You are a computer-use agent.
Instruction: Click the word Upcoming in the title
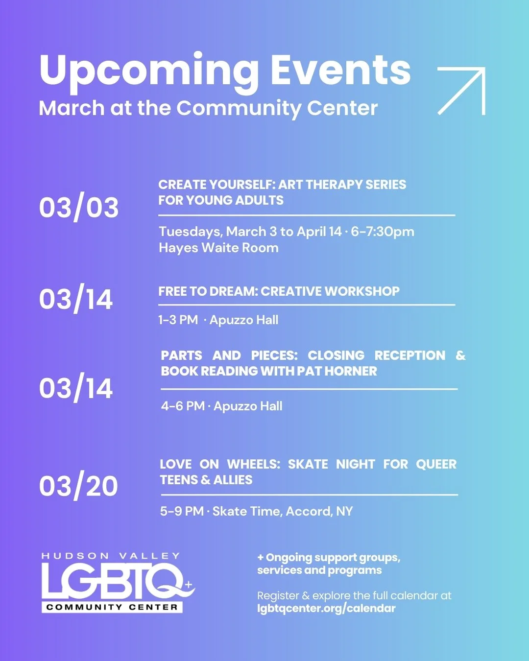(x=149, y=71)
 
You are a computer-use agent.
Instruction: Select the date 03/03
(x=79, y=207)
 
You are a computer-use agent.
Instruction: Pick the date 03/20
(x=78, y=486)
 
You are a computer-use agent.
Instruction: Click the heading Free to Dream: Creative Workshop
(x=279, y=291)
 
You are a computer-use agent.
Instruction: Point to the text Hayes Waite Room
(x=218, y=248)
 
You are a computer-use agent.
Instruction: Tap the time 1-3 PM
(x=178, y=320)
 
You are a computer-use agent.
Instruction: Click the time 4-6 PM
(x=183, y=406)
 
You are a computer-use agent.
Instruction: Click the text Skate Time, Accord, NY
(x=282, y=511)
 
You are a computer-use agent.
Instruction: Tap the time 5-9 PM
(x=182, y=511)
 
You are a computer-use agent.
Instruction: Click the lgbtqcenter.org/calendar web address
(x=326, y=609)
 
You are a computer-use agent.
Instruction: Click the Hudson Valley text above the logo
(x=111, y=556)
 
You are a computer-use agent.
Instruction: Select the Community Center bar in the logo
(x=112, y=607)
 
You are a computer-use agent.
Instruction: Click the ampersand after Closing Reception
(x=460, y=355)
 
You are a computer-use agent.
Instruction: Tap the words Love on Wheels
(x=220, y=464)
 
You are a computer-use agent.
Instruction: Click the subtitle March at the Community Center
(x=208, y=108)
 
